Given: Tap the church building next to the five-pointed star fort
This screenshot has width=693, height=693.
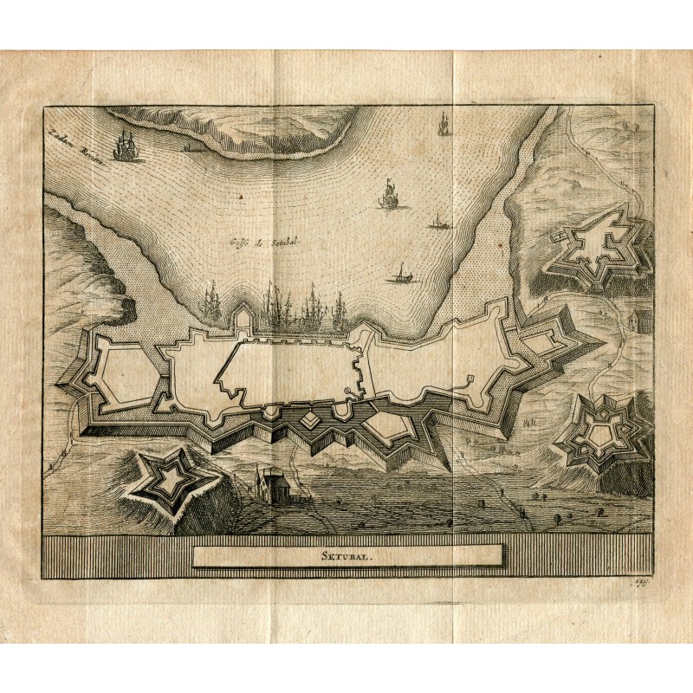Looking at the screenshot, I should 272,484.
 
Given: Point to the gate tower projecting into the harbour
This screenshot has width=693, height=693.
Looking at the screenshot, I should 245,321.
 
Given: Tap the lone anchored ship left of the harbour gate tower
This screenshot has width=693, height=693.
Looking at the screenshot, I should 210,303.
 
